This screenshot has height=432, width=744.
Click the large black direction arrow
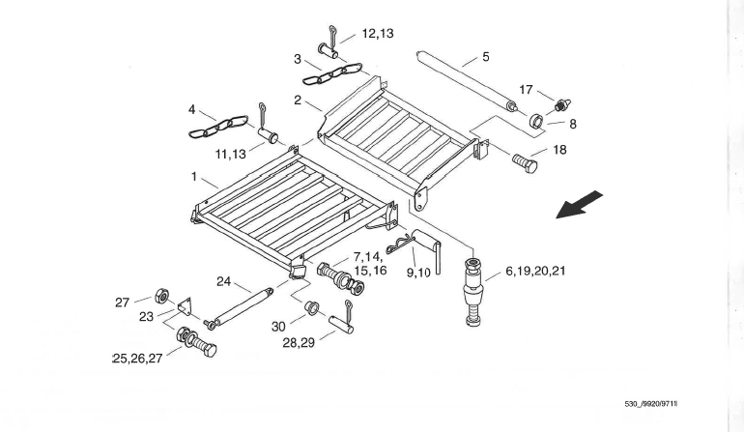pyautogui.click(x=580, y=206)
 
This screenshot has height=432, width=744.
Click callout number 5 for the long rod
pyautogui.click(x=485, y=57)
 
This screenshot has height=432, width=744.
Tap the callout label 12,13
pyautogui.click(x=378, y=33)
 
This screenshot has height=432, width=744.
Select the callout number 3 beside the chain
pyautogui.click(x=298, y=59)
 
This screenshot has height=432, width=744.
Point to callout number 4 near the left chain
pyautogui.click(x=193, y=109)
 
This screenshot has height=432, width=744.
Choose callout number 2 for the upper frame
pyautogui.click(x=299, y=100)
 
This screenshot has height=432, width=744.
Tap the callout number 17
pyautogui.click(x=526, y=89)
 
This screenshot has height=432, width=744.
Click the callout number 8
pyautogui.click(x=572, y=124)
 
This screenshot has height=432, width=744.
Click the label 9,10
pyautogui.click(x=419, y=274)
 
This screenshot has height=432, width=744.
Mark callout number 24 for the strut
pyautogui.click(x=224, y=283)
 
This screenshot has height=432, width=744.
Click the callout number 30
pyautogui.click(x=278, y=326)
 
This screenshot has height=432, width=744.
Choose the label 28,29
pyautogui.click(x=300, y=343)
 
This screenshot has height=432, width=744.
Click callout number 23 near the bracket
pyautogui.click(x=147, y=315)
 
